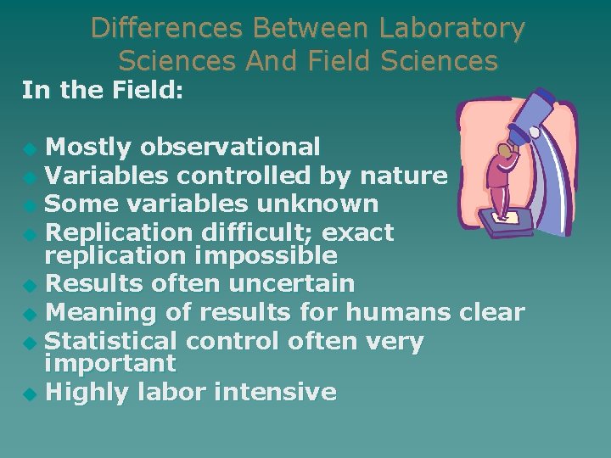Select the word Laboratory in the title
[x=451, y=28]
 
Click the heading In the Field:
[x=103, y=90]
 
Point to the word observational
[x=230, y=148]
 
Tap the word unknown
[x=324, y=204]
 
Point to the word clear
[x=492, y=312]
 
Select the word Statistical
[x=109, y=341]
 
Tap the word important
[x=109, y=364]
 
